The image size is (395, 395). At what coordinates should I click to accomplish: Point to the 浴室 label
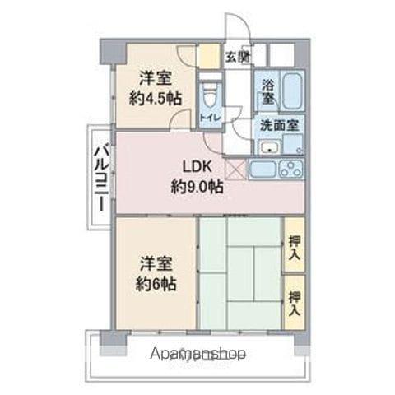(268, 91)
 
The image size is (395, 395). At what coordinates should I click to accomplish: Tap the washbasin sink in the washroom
(268, 148)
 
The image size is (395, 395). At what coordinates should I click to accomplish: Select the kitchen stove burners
(290, 170)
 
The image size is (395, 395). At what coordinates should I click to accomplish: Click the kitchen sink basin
(263, 170)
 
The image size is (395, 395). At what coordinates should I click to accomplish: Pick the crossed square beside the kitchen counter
(236, 170)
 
